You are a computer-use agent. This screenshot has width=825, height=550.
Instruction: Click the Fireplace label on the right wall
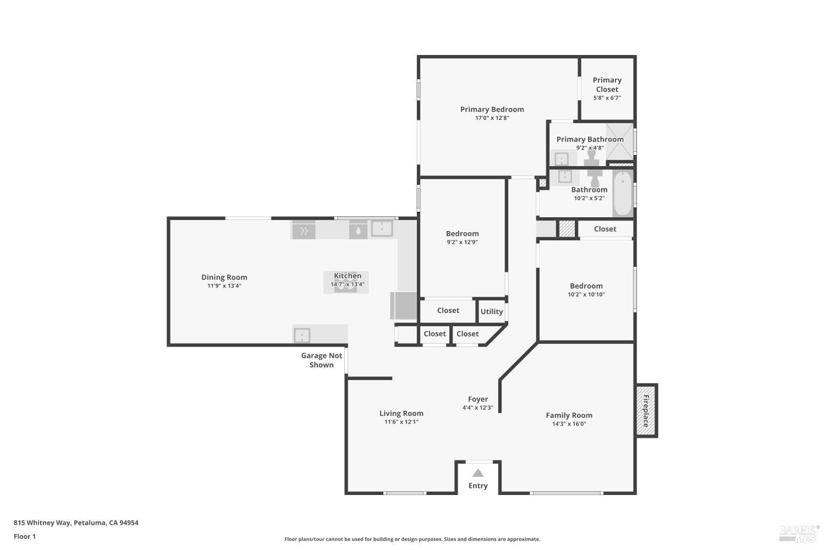(x=646, y=411)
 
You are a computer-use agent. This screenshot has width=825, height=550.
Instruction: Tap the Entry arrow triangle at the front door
(x=478, y=473)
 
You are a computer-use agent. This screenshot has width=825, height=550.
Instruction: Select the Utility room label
(x=492, y=311)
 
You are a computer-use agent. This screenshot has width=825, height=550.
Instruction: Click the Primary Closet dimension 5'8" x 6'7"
(x=607, y=98)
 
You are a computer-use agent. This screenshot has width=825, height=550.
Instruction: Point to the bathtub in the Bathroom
(x=623, y=194)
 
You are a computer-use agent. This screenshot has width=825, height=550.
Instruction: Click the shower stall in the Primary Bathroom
(x=619, y=141)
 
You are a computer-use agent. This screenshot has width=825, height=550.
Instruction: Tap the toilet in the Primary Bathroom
(x=592, y=159)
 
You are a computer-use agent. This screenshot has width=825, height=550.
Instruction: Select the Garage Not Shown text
(x=321, y=360)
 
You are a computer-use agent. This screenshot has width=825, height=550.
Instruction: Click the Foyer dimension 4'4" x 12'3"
(x=477, y=408)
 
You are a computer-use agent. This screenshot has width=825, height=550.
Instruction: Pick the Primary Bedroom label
(x=492, y=109)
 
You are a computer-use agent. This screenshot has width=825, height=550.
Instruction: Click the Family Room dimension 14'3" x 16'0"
(x=569, y=424)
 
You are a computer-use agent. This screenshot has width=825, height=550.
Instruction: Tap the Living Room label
(x=401, y=414)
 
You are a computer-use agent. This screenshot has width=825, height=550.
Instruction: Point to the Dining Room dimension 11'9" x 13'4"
(x=224, y=286)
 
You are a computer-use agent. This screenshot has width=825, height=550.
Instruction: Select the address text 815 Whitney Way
(x=76, y=523)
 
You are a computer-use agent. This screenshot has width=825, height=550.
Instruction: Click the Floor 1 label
(x=25, y=537)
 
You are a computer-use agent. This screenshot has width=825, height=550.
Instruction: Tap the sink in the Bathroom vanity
(x=565, y=177)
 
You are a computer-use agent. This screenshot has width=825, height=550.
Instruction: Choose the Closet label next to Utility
(x=448, y=311)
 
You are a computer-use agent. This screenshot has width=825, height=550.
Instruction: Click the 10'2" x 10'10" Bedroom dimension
(x=586, y=295)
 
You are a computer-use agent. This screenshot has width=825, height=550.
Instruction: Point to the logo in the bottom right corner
(x=799, y=532)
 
